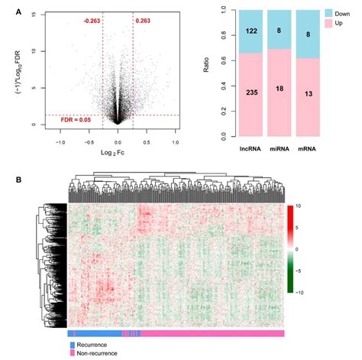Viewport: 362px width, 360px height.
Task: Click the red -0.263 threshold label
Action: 92,21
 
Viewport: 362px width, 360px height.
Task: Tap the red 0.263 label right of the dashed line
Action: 143,21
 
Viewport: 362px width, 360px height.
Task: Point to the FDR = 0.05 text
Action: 76,120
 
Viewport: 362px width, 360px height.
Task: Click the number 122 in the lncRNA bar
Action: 251,31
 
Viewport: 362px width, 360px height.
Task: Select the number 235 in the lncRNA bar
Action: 252,92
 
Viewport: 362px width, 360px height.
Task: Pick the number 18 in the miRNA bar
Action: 280,89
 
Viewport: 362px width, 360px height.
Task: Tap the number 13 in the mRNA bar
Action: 309,94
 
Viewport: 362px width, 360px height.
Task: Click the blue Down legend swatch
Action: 328,13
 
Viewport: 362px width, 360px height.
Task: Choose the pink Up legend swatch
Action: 328,23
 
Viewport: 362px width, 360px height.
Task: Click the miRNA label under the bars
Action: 280,149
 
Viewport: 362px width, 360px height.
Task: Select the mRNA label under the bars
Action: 307,149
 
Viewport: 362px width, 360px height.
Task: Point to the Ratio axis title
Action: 206,65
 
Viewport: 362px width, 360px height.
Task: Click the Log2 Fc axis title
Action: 112,153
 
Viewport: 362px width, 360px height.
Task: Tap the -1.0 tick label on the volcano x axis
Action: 60,142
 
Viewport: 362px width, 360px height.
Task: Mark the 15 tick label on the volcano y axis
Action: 34,15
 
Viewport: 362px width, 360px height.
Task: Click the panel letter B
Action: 18,180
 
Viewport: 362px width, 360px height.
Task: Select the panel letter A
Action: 18,11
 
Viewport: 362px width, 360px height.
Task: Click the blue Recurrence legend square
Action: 73,345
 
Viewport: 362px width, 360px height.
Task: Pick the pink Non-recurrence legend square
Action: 73,353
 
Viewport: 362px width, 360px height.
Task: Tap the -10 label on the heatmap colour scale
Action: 299,293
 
